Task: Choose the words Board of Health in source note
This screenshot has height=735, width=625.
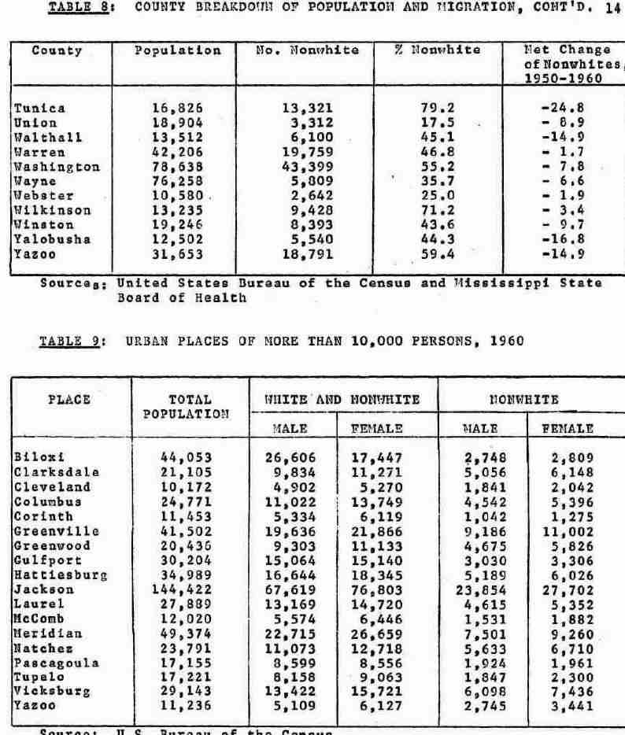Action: coord(182,297)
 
